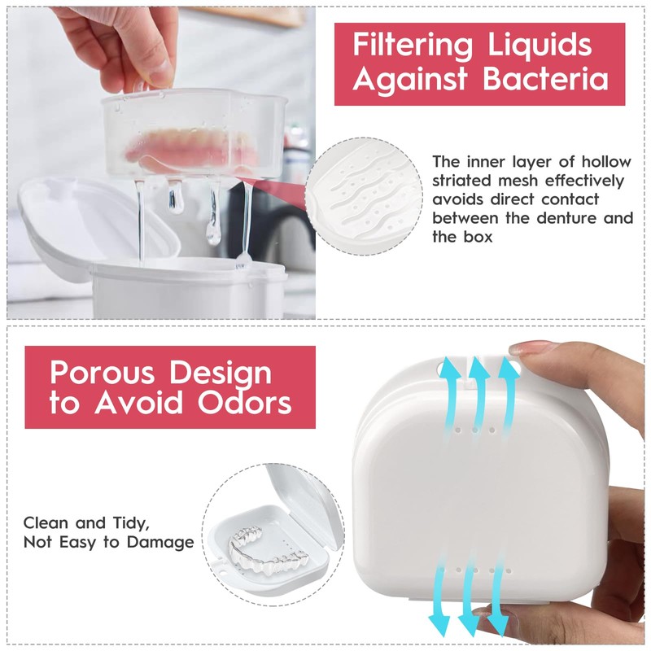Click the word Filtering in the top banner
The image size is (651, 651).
413,45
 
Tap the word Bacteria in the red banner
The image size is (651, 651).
546,79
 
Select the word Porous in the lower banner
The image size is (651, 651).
102,372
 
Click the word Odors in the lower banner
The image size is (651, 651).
244,403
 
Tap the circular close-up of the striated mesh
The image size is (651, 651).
364,196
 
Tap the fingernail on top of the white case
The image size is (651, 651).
531,348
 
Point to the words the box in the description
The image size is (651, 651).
462,237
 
